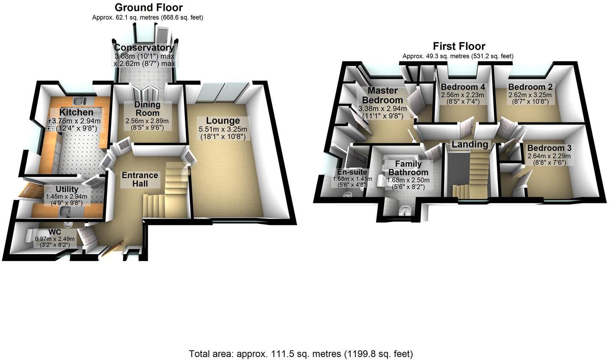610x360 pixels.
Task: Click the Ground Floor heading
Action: pos(149,8)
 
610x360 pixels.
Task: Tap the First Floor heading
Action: pos(459,46)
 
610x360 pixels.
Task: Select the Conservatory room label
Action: pos(144,48)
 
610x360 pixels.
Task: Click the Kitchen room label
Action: pos(76,112)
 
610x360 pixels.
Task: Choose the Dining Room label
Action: pos(147,109)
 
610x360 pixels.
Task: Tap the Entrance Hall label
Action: pos(140,179)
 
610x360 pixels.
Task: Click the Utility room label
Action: pos(67,189)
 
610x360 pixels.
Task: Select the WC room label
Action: pos(54,232)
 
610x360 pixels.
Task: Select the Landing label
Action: pos(470,144)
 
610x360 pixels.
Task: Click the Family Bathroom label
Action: pos(408,168)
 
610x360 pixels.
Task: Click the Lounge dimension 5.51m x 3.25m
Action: pos(223,129)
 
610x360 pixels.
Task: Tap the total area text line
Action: pos(301,354)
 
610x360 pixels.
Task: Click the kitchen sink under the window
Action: pos(78,101)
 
